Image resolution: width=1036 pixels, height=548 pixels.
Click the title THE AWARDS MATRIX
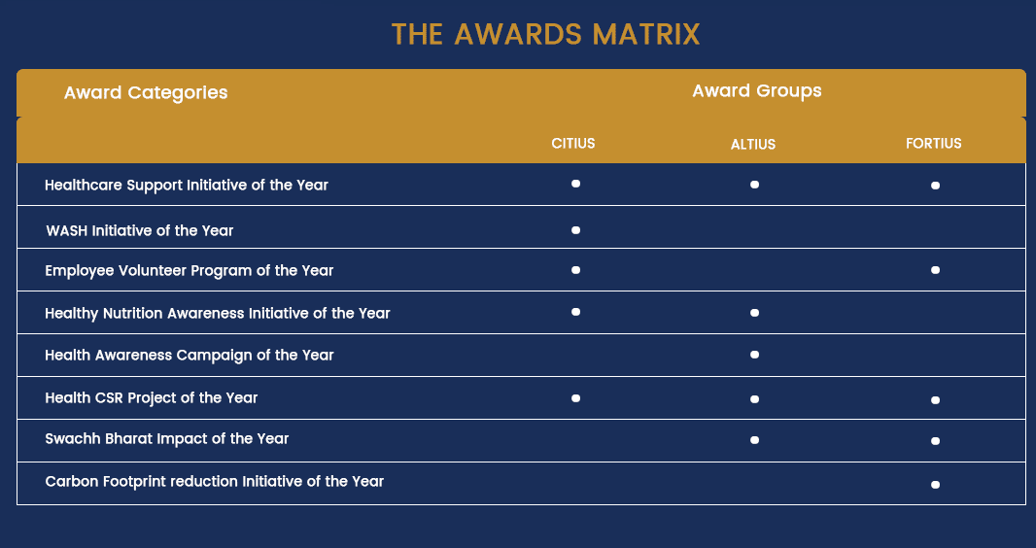[546, 34]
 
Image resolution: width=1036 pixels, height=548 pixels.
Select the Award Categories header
[146, 93]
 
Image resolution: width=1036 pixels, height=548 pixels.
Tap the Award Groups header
[757, 91]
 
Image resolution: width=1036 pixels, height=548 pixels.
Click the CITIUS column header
[573, 143]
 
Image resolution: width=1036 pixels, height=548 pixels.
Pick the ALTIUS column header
[753, 145]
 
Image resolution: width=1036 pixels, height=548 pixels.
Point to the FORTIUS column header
[934, 143]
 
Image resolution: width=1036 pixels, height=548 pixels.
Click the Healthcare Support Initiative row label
[187, 185]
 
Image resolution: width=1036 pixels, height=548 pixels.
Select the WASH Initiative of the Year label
[139, 230]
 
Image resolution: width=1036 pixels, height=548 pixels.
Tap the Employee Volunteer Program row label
[189, 271]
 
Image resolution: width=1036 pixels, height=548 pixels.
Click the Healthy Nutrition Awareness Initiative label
[218, 313]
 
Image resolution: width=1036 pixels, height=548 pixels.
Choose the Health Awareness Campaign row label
[189, 356]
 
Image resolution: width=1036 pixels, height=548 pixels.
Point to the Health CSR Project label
[152, 397]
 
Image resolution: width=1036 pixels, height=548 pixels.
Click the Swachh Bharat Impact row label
[166, 438]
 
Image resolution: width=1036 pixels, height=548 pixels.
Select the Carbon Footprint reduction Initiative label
[214, 481]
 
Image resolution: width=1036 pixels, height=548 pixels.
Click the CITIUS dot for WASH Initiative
[575, 230]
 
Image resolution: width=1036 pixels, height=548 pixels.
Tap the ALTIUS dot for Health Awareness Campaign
[754, 356]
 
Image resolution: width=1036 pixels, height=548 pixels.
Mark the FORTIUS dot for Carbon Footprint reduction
[935, 485]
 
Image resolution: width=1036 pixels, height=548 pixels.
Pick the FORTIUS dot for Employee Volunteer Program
[935, 270]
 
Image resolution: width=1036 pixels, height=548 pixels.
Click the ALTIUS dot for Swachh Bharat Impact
[754, 440]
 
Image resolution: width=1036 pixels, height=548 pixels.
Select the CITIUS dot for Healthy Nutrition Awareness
[575, 312]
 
